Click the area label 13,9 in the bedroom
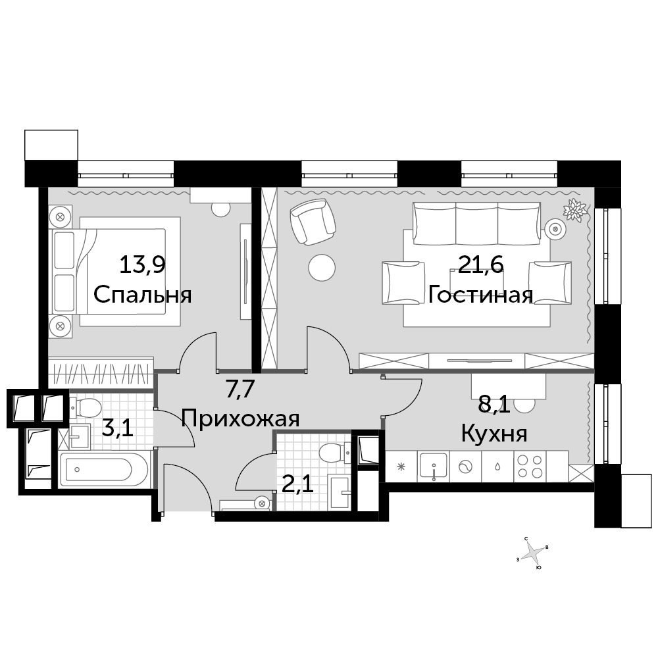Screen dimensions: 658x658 tap(143, 265)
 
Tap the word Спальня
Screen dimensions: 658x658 tap(143, 295)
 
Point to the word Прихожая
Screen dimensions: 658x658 tap(240, 418)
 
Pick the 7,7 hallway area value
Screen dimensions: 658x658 tap(240, 389)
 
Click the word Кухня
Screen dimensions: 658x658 tap(494, 434)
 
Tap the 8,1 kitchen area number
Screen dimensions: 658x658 tap(494, 405)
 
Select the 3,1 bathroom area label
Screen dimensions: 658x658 tap(118, 428)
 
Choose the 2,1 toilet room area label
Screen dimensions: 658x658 tap(297, 485)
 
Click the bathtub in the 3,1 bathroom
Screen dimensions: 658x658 tap(104, 470)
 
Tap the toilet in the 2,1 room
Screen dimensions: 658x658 tap(334, 453)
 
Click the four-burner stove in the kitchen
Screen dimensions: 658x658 tap(530, 467)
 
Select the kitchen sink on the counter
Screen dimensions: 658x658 tap(434, 467)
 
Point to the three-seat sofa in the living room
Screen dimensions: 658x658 tap(476, 223)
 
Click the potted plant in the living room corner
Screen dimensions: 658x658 tap(574, 209)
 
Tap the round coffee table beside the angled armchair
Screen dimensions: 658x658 tap(322, 268)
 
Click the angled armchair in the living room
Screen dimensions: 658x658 tap(313, 221)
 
